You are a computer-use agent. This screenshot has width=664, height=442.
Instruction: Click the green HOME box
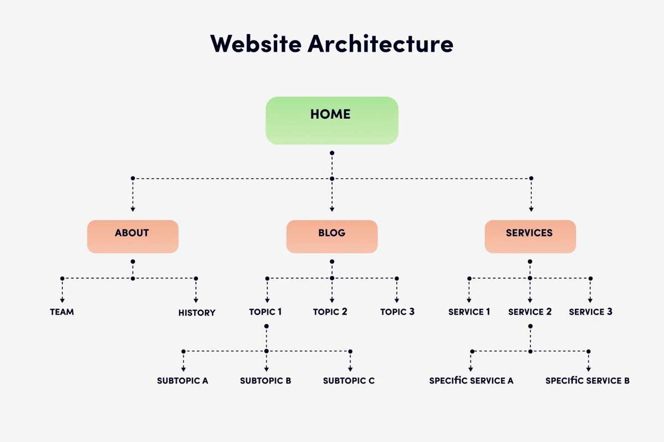click(x=331, y=120)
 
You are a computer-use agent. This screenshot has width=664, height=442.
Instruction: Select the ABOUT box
click(x=132, y=236)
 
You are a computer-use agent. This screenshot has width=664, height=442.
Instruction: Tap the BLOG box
click(x=331, y=236)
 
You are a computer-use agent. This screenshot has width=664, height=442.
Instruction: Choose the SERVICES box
click(x=530, y=236)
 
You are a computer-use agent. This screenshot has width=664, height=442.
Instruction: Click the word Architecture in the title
click(x=381, y=44)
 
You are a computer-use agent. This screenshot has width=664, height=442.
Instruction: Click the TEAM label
click(x=62, y=312)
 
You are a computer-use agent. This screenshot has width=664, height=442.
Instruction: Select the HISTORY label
click(x=196, y=313)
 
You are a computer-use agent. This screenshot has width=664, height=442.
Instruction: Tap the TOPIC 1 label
click(x=266, y=312)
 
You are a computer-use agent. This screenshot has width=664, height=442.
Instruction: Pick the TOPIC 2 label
click(x=330, y=312)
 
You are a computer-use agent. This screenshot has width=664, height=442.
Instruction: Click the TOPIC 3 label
click(x=397, y=312)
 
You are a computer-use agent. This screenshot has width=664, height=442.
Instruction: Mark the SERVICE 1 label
click(x=469, y=312)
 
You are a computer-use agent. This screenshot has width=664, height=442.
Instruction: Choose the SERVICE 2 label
click(x=530, y=312)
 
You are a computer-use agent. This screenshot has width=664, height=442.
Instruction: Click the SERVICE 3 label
click(x=590, y=312)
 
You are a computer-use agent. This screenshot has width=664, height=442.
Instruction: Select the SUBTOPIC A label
click(x=183, y=381)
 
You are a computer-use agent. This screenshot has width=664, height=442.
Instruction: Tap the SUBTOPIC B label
click(x=266, y=381)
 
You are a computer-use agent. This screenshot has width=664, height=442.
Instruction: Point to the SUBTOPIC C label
click(x=349, y=381)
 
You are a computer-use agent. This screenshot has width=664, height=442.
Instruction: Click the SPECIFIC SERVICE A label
click(x=471, y=381)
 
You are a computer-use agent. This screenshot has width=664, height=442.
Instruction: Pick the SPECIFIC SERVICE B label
click(x=587, y=381)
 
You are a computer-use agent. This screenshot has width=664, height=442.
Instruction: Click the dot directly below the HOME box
click(x=332, y=152)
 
